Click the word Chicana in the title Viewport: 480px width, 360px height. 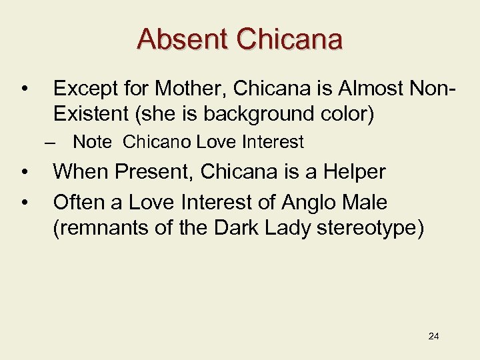pos(290,39)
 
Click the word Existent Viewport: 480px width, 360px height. pos(91,114)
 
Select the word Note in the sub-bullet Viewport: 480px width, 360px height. pos(92,142)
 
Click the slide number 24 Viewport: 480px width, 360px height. pos(433,335)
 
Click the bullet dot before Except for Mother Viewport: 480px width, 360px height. pos(24,89)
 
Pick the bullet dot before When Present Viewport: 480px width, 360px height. pos(24,173)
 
